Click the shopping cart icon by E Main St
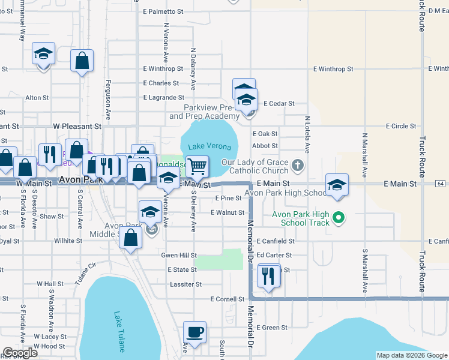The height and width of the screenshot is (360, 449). pos(197,166)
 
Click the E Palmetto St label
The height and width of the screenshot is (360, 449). pos(163,11)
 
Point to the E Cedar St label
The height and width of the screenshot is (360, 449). pos(279,103)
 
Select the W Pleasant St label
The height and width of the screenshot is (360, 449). pos(77,127)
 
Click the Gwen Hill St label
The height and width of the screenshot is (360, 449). pos(179,255)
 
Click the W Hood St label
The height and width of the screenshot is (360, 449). pos(50,346)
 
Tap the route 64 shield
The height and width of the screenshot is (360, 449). pos(441,184)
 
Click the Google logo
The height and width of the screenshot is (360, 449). pos(20,353)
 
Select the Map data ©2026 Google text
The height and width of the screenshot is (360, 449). pos(411,355)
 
